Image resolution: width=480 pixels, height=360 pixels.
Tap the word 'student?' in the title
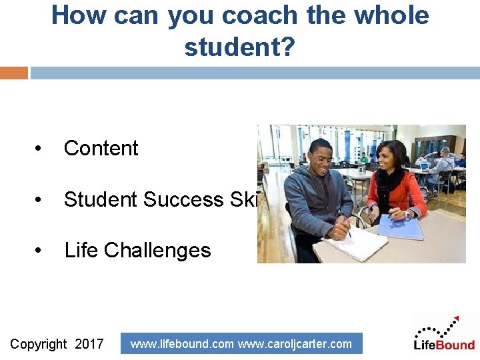239,47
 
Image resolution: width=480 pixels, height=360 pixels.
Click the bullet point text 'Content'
101,148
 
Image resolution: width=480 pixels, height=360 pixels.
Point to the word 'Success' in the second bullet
183,199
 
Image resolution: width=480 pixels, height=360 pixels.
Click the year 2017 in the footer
89,344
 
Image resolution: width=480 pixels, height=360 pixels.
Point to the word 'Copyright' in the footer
39,344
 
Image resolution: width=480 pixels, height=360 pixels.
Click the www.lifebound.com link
182,344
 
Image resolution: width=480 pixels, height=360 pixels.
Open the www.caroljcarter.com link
295,344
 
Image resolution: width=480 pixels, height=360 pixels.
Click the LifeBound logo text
444,345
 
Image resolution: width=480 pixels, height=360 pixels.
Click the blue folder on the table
401,227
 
